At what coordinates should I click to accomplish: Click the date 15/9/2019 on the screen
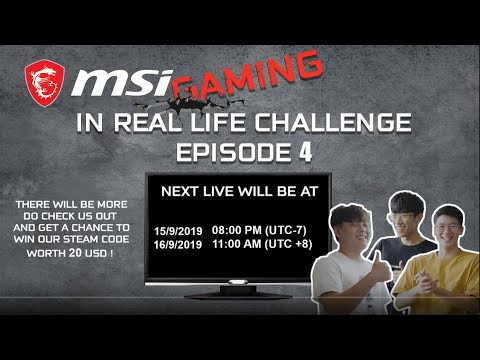point(179,232)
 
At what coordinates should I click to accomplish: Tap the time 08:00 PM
point(237,231)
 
